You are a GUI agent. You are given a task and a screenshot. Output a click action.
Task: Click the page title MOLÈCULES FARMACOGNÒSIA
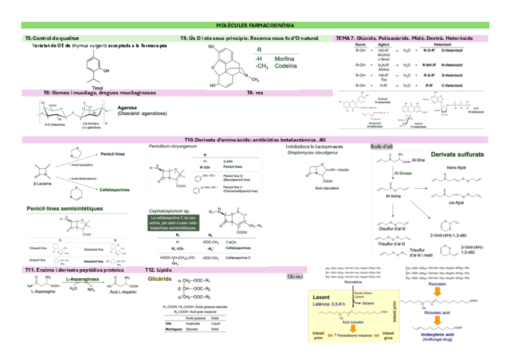[255, 25]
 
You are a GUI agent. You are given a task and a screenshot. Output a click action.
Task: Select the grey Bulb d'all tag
[382, 146]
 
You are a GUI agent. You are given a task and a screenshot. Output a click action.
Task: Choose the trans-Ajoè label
[458, 167]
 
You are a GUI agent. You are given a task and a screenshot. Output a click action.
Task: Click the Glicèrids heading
[160, 279]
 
